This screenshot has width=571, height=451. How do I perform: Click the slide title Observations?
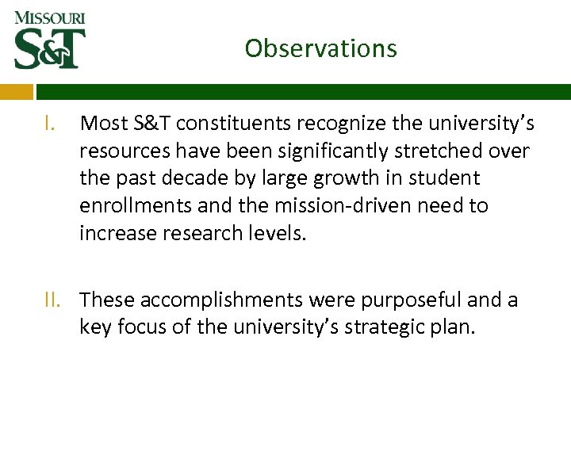(x=320, y=48)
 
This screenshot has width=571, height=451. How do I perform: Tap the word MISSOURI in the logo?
(x=50, y=17)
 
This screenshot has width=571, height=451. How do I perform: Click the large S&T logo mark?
(x=50, y=48)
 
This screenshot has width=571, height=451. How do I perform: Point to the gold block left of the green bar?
(x=16, y=91)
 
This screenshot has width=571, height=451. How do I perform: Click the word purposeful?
(x=404, y=300)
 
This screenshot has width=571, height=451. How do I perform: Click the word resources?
(x=119, y=151)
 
